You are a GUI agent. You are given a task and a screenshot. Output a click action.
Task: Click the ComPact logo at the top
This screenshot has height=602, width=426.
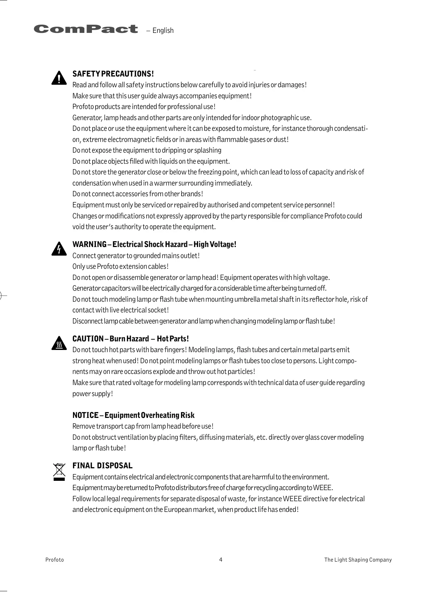click(86, 29)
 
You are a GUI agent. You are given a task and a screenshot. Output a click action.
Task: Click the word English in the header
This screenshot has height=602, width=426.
click(163, 31)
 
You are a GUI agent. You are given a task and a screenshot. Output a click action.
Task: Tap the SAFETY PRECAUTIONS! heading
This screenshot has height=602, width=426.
click(113, 74)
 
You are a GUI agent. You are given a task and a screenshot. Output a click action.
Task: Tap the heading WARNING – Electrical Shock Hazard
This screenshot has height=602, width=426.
click(154, 245)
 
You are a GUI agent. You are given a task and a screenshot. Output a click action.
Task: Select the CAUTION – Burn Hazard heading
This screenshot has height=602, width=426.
click(131, 339)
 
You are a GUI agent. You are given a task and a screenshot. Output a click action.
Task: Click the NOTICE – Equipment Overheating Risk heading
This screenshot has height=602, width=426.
click(133, 415)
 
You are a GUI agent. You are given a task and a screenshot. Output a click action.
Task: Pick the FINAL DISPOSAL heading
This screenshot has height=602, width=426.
click(102, 465)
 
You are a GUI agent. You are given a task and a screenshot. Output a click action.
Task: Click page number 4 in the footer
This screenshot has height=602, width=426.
click(221, 560)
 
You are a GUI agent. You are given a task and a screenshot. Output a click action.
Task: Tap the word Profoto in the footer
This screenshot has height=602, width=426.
click(55, 560)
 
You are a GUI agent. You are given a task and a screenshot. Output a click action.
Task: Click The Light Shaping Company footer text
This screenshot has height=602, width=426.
click(358, 560)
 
